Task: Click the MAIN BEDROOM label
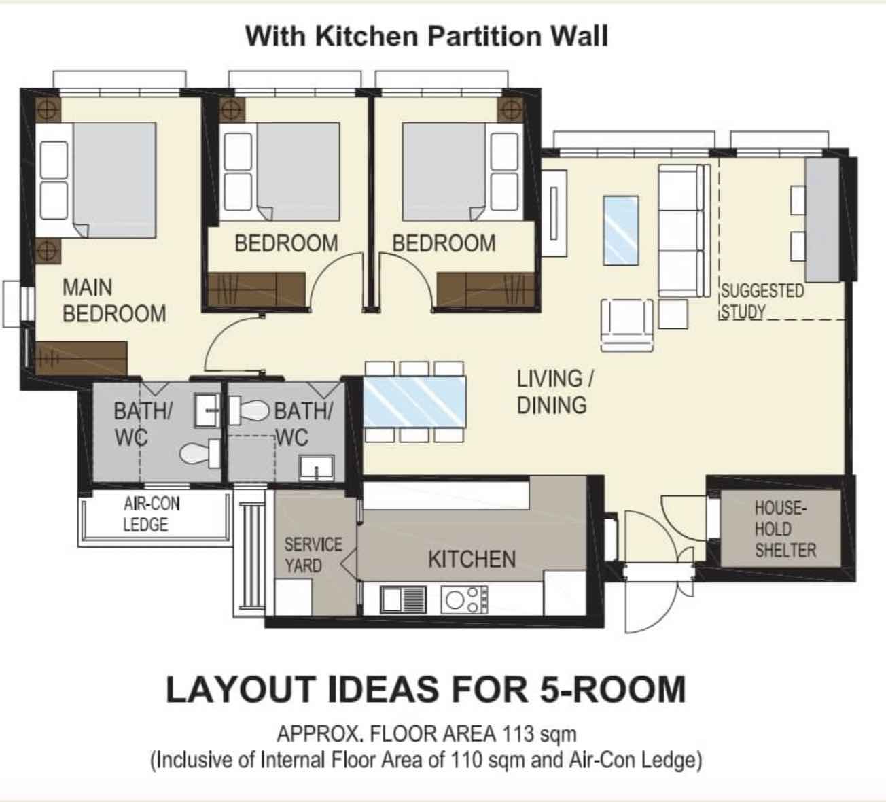click(x=114, y=300)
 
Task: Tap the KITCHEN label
click(x=472, y=559)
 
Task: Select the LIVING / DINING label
click(x=555, y=392)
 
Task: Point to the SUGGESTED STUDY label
click(x=762, y=301)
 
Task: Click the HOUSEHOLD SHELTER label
click(x=785, y=529)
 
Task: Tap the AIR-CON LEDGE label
click(x=152, y=514)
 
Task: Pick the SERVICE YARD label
click(x=313, y=555)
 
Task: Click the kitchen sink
click(x=403, y=600)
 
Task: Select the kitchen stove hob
click(x=464, y=600)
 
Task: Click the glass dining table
click(x=414, y=401)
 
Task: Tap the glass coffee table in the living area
click(x=620, y=230)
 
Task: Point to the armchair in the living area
click(x=626, y=326)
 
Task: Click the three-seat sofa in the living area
click(x=684, y=230)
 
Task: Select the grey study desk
click(x=822, y=220)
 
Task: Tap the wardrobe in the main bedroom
click(x=81, y=358)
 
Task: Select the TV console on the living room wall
click(x=554, y=213)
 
